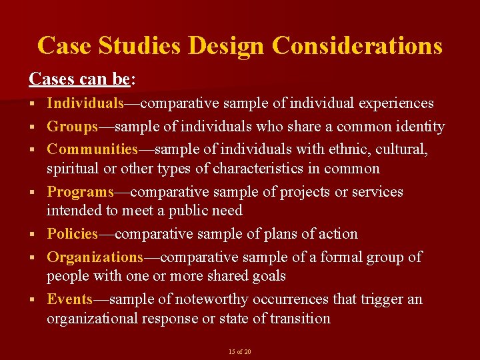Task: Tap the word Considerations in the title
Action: (x=357, y=45)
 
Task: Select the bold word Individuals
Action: (x=85, y=103)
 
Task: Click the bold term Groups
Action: (x=72, y=126)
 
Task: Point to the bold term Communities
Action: (x=92, y=149)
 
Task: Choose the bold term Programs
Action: (x=80, y=192)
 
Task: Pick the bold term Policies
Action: (x=73, y=234)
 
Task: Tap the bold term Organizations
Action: (x=95, y=257)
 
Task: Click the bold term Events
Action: (x=69, y=299)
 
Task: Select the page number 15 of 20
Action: (x=240, y=351)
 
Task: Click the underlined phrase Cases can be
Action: (x=79, y=79)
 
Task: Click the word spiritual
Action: (x=75, y=169)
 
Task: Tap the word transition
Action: (x=299, y=319)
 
